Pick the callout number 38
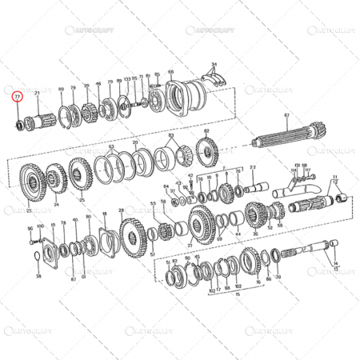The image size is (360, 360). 38,275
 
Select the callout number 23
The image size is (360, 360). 29,211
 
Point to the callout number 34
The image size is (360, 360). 214,62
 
